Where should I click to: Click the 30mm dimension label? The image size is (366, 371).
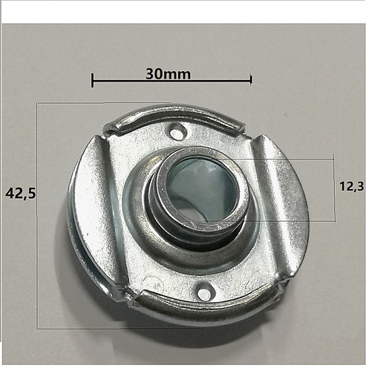click(168, 74)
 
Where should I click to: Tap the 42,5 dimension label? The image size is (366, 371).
click(21, 193)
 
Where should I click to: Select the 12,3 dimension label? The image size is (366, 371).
click(351, 186)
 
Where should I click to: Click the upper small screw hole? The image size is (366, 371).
click(177, 133)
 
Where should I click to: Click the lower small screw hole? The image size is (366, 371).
click(205, 292)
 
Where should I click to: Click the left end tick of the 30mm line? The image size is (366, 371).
click(92, 80)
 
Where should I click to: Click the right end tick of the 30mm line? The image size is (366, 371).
click(251, 79)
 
